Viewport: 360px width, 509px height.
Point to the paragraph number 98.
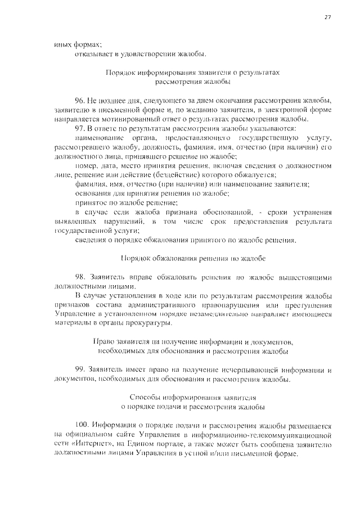pos(80,277)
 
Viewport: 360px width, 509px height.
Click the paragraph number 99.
pos(80,370)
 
